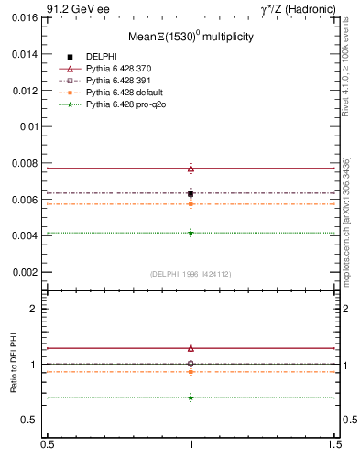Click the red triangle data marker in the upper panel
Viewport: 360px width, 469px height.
[191, 169]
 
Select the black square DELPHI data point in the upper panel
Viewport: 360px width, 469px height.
[191, 193]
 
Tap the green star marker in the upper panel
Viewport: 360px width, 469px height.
[191, 233]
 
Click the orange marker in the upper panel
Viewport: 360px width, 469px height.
[191, 203]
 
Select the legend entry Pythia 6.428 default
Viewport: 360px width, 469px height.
[122, 93]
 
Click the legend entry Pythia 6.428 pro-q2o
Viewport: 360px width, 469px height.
[123, 104]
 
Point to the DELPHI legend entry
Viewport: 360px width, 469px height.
[103, 56]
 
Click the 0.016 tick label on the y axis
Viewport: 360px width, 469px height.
[25, 17]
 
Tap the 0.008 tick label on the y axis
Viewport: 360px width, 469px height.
[25, 163]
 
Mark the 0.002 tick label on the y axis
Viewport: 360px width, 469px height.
[25, 272]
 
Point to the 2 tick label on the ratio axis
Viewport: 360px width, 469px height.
[34, 309]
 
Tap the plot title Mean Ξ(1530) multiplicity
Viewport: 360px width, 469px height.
[191, 37]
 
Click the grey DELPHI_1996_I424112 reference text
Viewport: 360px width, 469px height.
[191, 274]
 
